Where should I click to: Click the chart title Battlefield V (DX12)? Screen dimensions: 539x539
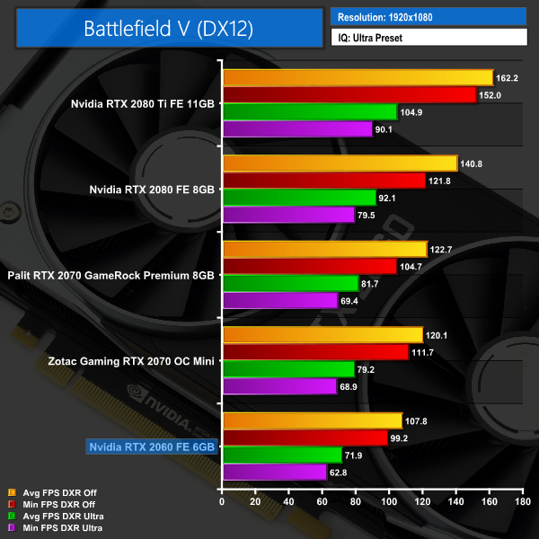click(x=168, y=28)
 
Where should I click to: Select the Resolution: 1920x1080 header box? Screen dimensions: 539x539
click(x=428, y=17)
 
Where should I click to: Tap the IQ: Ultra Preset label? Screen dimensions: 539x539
click(x=428, y=38)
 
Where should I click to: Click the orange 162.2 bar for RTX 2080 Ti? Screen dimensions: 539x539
click(x=357, y=78)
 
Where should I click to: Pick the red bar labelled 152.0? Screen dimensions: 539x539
click(x=349, y=95)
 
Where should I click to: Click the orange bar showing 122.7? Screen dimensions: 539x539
click(x=324, y=249)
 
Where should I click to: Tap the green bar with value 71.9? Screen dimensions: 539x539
click(x=281, y=455)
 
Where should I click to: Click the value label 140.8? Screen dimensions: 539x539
click(x=473, y=163)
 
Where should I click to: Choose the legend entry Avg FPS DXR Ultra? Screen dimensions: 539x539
click(x=55, y=517)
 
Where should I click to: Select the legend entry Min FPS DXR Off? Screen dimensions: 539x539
click(x=51, y=505)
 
